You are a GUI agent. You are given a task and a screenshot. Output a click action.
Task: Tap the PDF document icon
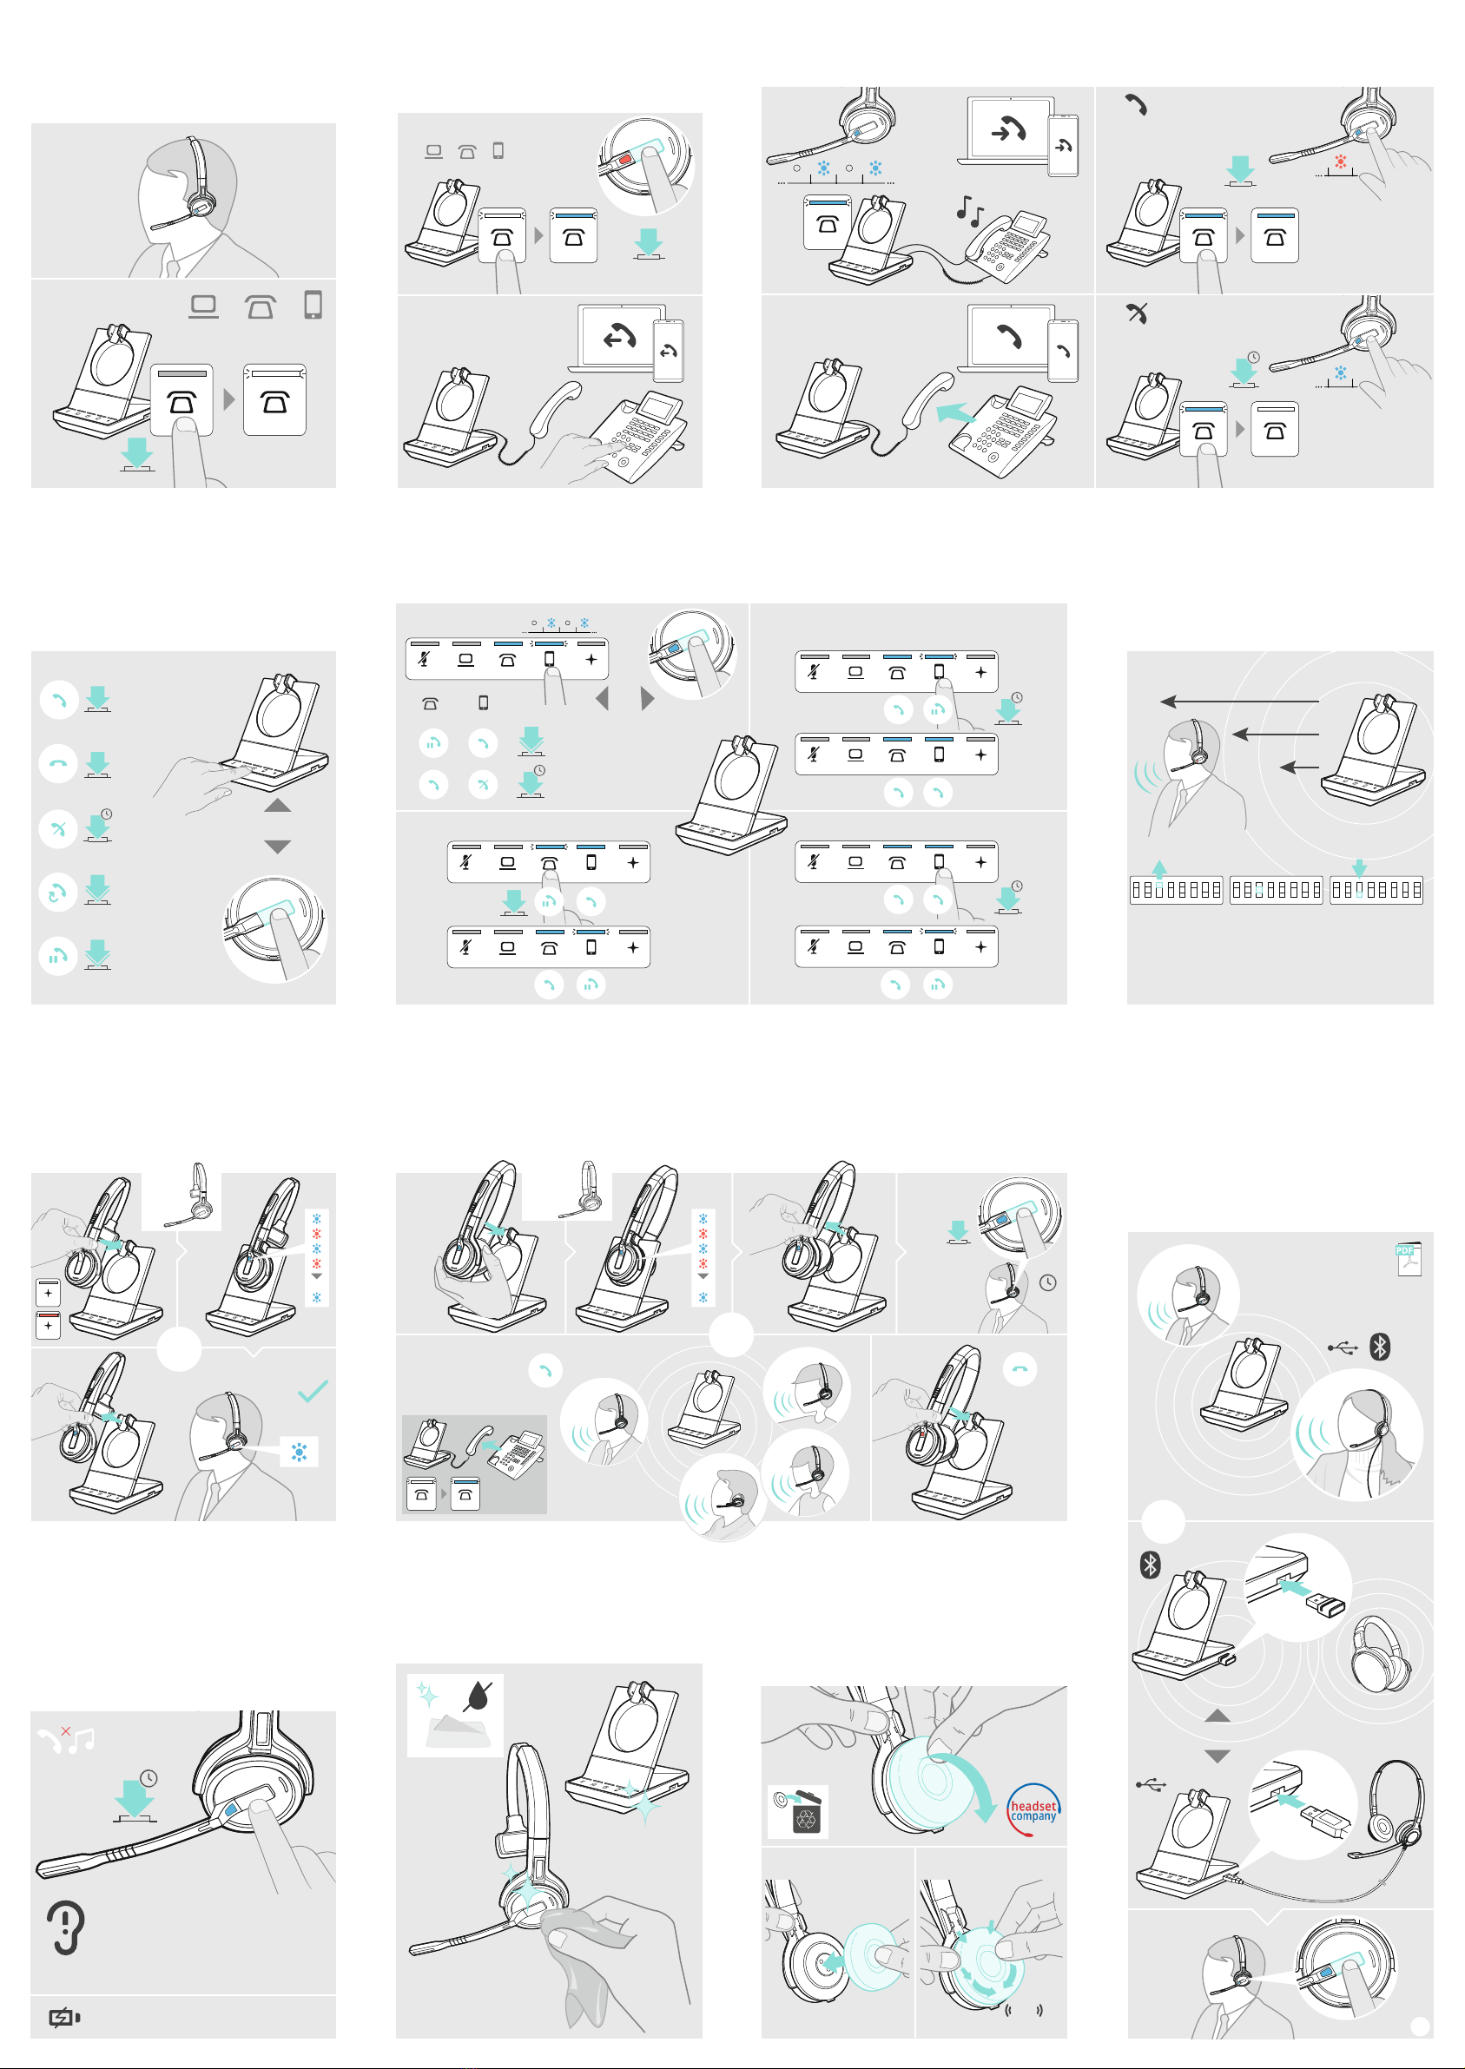(1409, 1259)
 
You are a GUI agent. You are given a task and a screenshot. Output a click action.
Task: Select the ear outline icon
(66, 1927)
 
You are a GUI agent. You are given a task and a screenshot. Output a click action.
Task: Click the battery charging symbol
(65, 2017)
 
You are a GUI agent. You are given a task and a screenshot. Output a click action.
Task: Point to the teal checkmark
(312, 1391)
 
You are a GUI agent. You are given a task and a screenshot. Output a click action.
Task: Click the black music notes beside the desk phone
(970, 211)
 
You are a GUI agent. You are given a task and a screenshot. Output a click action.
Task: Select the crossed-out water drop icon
(479, 1697)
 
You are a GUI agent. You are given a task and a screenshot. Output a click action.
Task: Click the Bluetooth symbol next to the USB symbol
(1379, 1347)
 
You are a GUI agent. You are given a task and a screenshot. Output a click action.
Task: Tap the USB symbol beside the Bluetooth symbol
(1343, 1347)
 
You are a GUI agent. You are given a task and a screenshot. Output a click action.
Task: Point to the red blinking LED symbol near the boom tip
(1341, 162)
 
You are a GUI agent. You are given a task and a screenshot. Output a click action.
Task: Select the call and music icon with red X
(66, 1738)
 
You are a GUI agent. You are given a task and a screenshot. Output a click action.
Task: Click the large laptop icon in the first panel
(203, 306)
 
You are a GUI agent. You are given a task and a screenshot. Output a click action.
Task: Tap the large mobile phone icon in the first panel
(313, 305)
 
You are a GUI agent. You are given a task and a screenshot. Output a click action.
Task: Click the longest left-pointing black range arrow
(1239, 701)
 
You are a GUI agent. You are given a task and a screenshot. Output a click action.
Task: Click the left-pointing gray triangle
(603, 698)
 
